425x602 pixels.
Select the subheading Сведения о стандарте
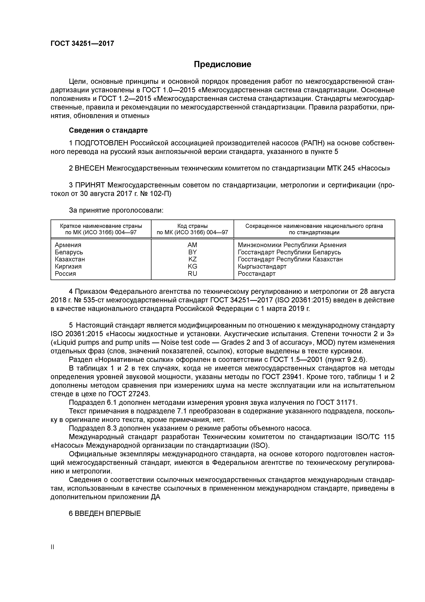pos(108,130)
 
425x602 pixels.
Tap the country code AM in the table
pos(192,245)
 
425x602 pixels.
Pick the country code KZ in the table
pos(192,259)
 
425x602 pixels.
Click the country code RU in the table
pos(192,274)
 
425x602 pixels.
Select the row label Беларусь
pos(69,252)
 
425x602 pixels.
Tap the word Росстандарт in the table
pos(257,274)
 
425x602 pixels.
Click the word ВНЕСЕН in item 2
pos(90,168)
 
